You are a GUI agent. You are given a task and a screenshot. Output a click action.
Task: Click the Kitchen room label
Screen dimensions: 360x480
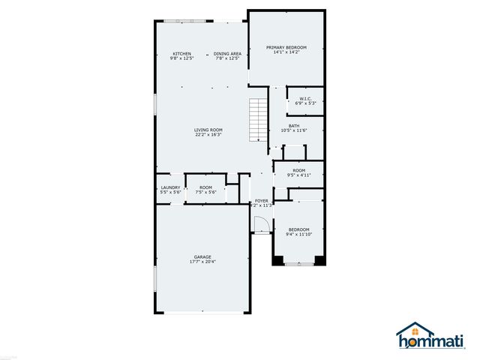(x=182, y=53)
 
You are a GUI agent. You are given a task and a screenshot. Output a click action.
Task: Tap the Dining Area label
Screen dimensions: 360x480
(x=227, y=53)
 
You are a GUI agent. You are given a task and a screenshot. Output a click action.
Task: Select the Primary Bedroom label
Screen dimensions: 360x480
(x=287, y=47)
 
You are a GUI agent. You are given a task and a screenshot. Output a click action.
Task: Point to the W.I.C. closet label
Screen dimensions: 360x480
(x=305, y=98)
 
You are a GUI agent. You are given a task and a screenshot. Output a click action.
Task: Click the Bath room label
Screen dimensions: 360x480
(x=294, y=126)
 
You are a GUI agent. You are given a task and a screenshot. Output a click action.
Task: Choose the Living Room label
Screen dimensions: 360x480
(x=209, y=130)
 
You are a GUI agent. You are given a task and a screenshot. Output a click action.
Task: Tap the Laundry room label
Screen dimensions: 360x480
(x=169, y=187)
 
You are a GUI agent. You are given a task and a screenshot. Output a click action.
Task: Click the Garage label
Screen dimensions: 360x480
(x=202, y=257)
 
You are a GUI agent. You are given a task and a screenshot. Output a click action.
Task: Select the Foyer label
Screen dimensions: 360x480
(x=262, y=201)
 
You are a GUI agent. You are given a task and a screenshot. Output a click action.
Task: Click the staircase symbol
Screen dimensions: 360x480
(x=259, y=120)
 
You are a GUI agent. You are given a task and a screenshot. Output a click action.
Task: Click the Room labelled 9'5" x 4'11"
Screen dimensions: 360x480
(x=299, y=171)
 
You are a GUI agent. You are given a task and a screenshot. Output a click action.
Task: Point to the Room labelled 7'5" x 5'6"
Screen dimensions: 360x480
(x=205, y=187)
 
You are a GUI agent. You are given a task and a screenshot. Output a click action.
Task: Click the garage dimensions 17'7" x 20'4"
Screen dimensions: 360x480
(x=202, y=262)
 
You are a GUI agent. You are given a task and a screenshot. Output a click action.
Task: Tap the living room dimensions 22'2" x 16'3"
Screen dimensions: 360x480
(x=209, y=135)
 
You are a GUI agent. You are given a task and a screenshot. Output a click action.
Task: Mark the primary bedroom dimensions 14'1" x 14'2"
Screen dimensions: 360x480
(x=287, y=52)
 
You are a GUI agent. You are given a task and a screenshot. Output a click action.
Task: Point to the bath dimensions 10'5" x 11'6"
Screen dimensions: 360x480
(x=294, y=131)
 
